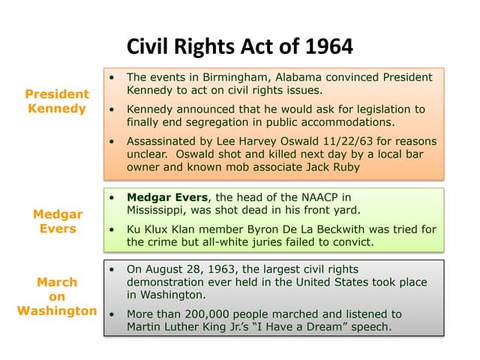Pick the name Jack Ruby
click(331, 167)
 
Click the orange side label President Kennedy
click(57, 101)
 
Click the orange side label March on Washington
click(57, 296)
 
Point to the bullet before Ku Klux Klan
click(112, 229)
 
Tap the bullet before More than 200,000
click(112, 314)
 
